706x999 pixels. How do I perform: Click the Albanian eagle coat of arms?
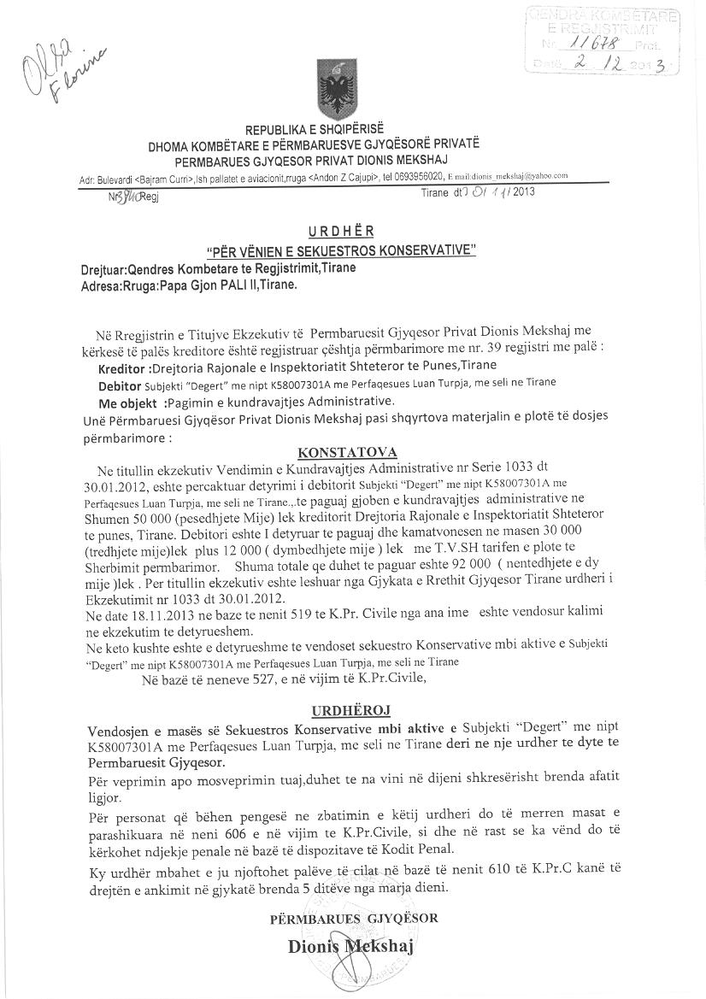[329, 86]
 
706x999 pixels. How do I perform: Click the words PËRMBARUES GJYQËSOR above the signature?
[353, 918]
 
